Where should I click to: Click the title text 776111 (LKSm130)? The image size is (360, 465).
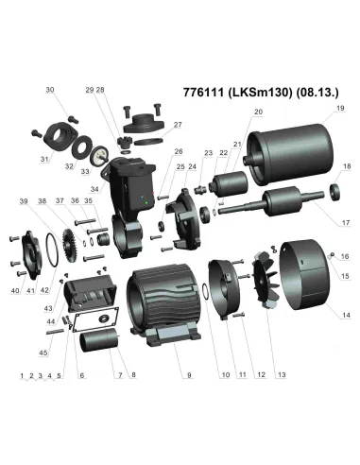(x=238, y=93)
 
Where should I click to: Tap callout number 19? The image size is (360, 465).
(x=340, y=108)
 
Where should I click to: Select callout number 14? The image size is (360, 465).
(x=346, y=315)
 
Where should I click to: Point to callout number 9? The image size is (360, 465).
(x=189, y=375)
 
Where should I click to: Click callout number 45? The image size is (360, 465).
(x=43, y=353)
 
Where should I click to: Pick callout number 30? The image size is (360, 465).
(x=50, y=90)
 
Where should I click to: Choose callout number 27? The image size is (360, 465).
(x=178, y=125)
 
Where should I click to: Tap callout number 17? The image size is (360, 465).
(x=346, y=222)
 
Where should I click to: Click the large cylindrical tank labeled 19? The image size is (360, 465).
(x=290, y=154)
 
